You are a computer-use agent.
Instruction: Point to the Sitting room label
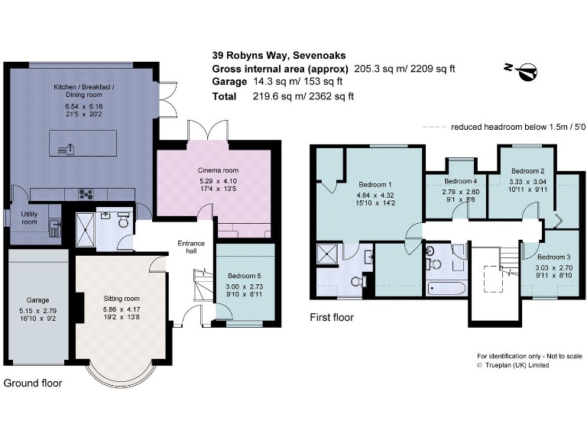coord(122,298)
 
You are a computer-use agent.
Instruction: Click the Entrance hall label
coord(190,247)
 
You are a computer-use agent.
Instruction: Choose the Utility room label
coord(29,218)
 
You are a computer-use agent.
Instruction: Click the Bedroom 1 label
coord(375,185)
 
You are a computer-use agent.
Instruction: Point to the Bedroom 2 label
coord(527,170)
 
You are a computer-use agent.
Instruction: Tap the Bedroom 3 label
coord(553,257)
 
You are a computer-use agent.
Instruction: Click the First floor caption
coord(331,317)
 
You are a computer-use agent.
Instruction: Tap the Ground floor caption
coord(33,383)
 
